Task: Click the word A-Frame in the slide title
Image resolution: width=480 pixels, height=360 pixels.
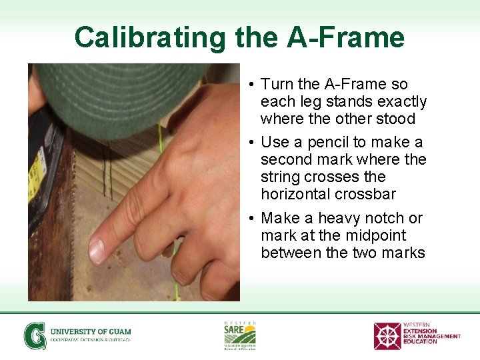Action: (345, 37)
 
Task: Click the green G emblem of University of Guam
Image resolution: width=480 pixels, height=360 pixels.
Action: (35, 335)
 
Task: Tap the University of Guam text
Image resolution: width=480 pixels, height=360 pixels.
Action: (91, 331)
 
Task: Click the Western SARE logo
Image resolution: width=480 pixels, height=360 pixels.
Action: (239, 335)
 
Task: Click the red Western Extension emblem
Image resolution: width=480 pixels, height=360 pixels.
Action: (387, 336)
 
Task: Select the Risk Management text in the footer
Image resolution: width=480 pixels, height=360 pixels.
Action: (431, 336)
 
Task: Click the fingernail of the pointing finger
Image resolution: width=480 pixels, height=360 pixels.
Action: (97, 251)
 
